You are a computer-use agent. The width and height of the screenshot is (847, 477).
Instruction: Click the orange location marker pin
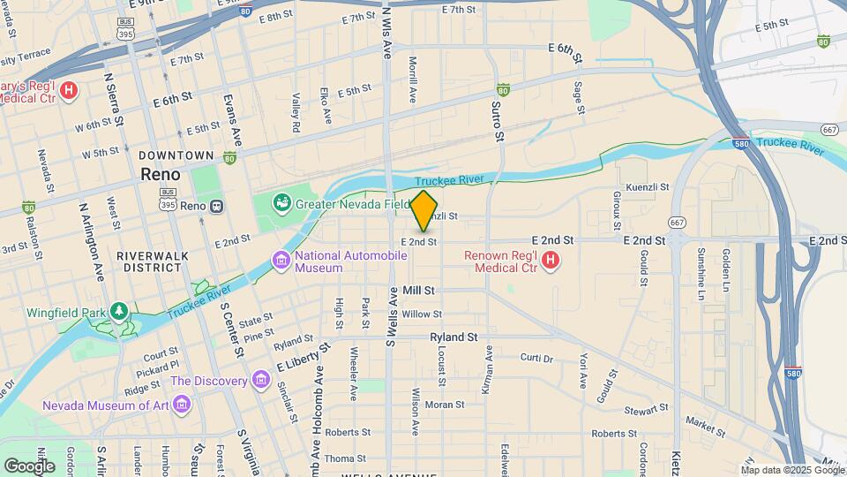point(424,211)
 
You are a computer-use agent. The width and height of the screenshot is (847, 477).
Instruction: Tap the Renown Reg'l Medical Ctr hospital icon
point(551,260)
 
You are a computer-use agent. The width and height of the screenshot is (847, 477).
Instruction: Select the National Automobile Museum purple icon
point(281,261)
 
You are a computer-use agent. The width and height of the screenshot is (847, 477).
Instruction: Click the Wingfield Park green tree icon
point(118,313)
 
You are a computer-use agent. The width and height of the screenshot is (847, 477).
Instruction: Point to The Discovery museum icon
point(260,381)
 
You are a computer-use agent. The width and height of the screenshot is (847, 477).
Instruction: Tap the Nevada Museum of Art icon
point(182,405)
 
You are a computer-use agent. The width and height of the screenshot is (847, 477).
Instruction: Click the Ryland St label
point(453,337)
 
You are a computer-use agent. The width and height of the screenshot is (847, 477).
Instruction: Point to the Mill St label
point(418,290)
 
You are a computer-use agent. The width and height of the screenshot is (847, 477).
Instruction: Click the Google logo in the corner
point(29,466)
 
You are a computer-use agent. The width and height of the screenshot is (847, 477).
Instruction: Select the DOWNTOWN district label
point(176,155)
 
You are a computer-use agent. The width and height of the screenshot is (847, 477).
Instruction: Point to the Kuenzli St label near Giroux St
point(648,188)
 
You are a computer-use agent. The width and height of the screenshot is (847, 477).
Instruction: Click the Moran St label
point(445,405)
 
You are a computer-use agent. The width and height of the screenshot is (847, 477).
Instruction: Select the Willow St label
point(421,314)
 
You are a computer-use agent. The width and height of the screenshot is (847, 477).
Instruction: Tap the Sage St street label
point(579,98)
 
